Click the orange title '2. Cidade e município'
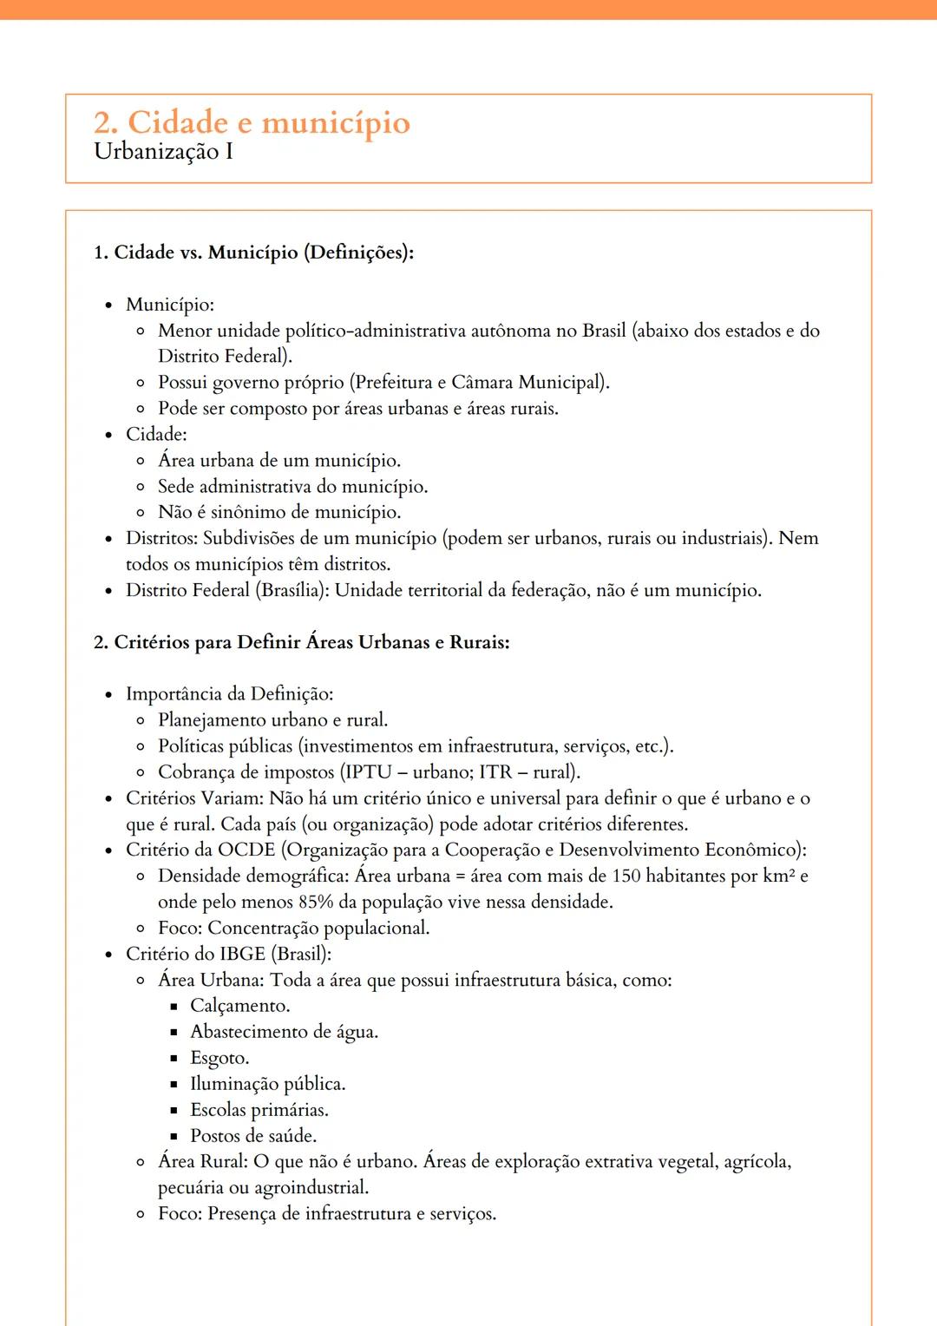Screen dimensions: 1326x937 tap(252, 122)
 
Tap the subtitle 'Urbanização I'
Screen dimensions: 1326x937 tap(163, 152)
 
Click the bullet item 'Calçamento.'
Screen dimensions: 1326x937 tap(240, 1006)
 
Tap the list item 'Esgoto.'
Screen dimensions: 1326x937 tap(220, 1058)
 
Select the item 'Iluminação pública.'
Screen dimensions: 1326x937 tap(267, 1084)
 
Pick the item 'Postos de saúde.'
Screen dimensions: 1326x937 tap(253, 1136)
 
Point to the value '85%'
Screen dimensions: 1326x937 tap(316, 902)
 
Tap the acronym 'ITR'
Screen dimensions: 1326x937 tap(495, 772)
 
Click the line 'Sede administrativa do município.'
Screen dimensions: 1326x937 tap(292, 487)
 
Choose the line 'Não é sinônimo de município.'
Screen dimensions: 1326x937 tap(279, 513)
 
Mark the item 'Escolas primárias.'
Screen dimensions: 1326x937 tap(259, 1110)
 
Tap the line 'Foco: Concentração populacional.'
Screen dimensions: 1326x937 tap(293, 928)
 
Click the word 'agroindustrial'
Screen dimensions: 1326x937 tap(310, 1188)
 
